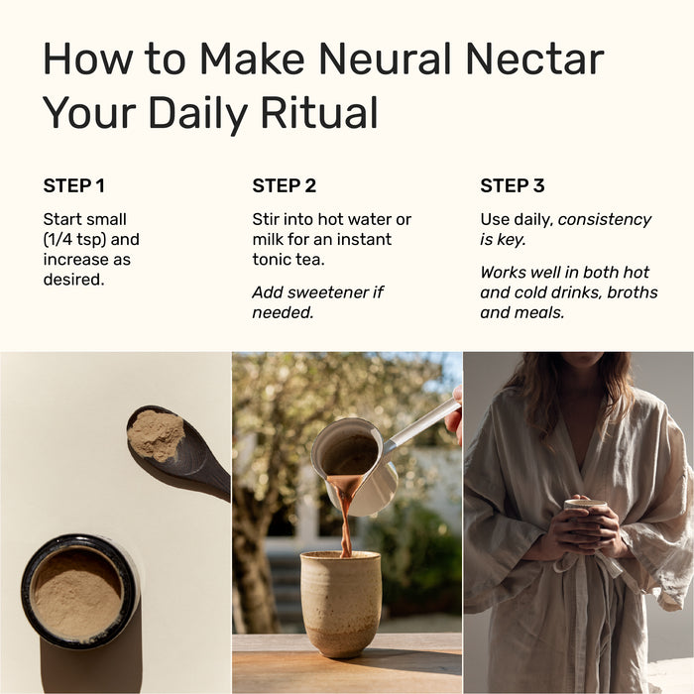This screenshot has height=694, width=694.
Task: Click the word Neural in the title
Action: pos(385,58)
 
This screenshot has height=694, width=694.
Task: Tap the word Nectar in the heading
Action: pos(534,58)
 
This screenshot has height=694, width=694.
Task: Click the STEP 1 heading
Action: pos(74,186)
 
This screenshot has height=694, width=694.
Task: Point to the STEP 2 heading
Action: pos(285,186)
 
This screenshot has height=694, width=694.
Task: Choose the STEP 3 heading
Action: pos(513,186)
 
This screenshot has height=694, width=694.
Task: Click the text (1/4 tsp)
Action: pos(74,240)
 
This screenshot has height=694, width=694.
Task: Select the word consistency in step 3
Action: pos(605,219)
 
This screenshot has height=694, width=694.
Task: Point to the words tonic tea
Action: pos(289,260)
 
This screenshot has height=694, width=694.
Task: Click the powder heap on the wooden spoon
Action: pos(156,434)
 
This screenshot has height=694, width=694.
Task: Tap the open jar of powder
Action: pos(79,591)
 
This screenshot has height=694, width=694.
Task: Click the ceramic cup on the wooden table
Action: pos(341,603)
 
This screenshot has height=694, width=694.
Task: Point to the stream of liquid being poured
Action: pos(344,514)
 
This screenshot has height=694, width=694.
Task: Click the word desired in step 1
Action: pos(73,280)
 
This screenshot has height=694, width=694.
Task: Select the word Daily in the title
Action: pos(198,113)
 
